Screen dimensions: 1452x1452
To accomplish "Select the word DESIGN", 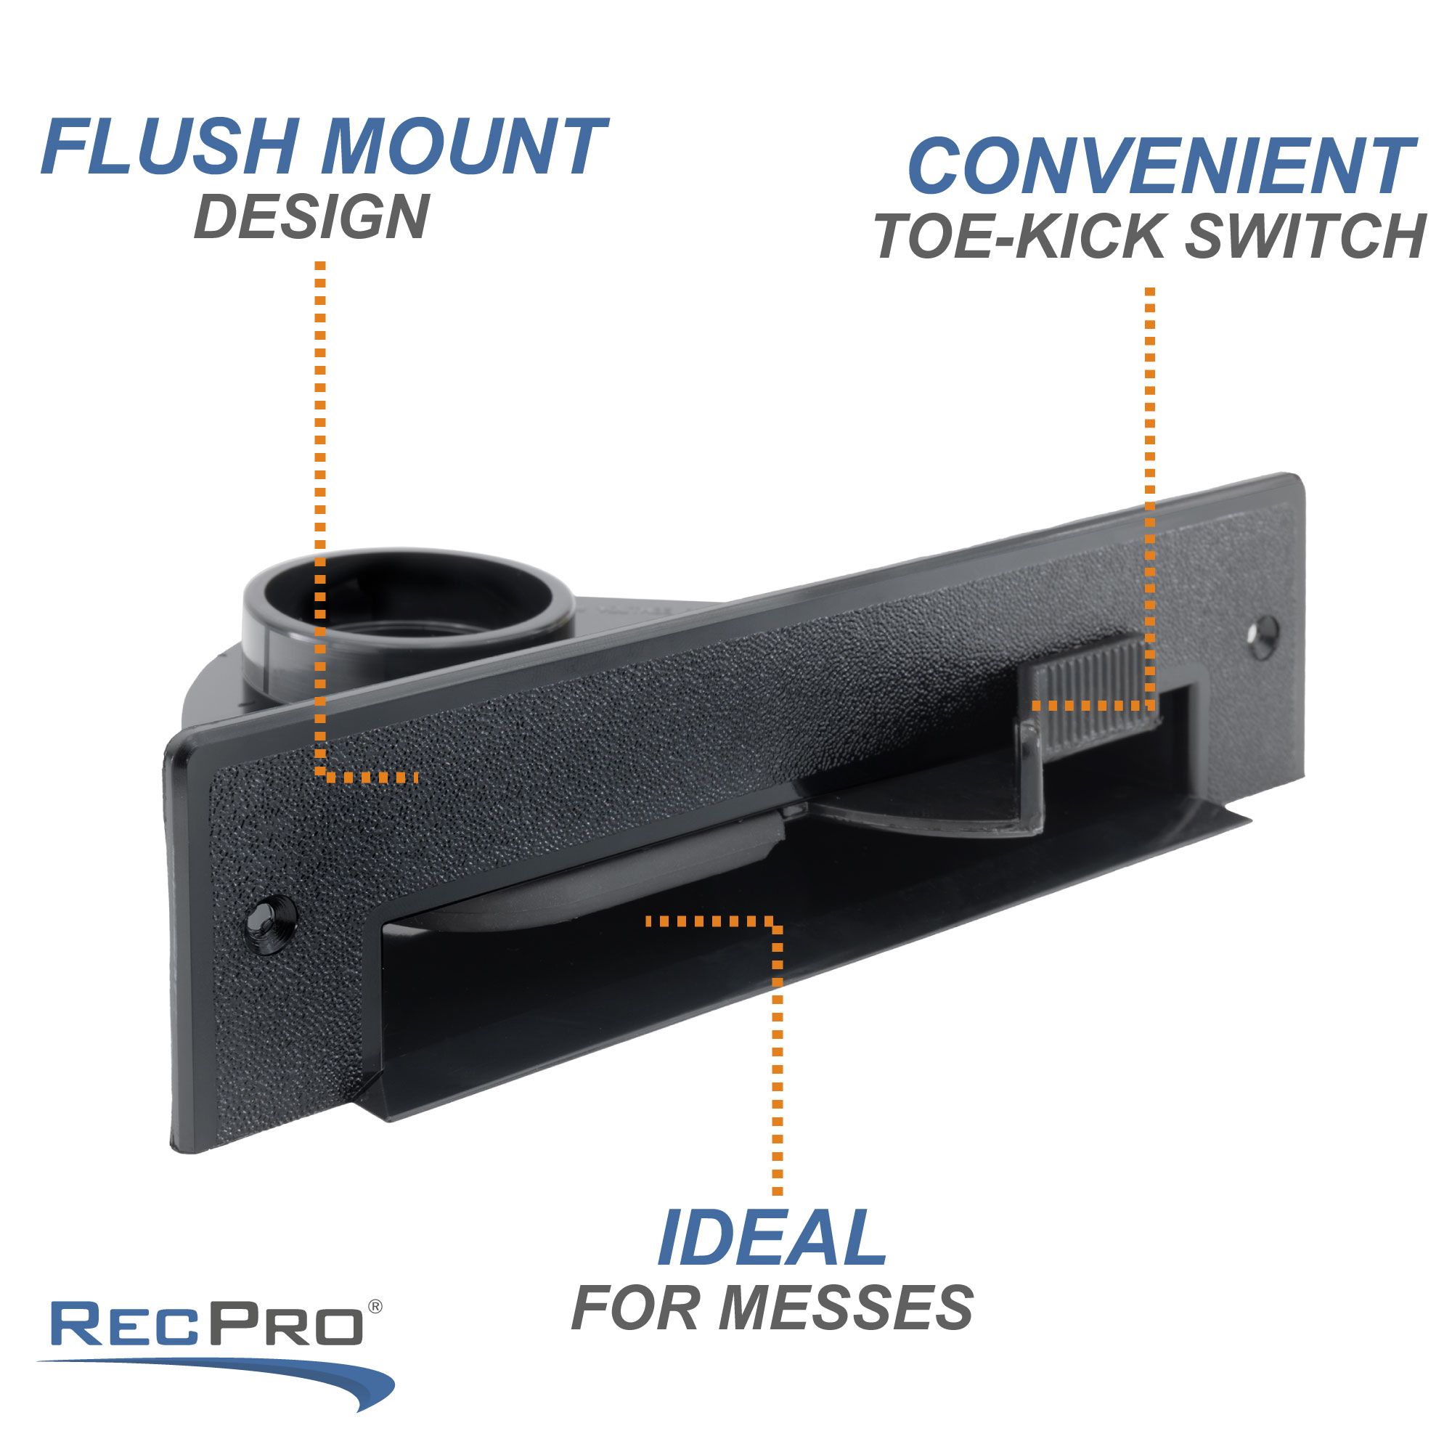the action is [x=312, y=216].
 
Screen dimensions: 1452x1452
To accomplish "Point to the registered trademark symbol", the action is [x=375, y=1307].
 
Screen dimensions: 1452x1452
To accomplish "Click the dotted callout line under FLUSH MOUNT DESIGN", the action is [x=321, y=511].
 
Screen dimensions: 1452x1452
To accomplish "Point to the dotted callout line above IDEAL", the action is [x=777, y=1052].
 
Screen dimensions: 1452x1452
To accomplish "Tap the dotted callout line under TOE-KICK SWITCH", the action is [x=1150, y=489].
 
